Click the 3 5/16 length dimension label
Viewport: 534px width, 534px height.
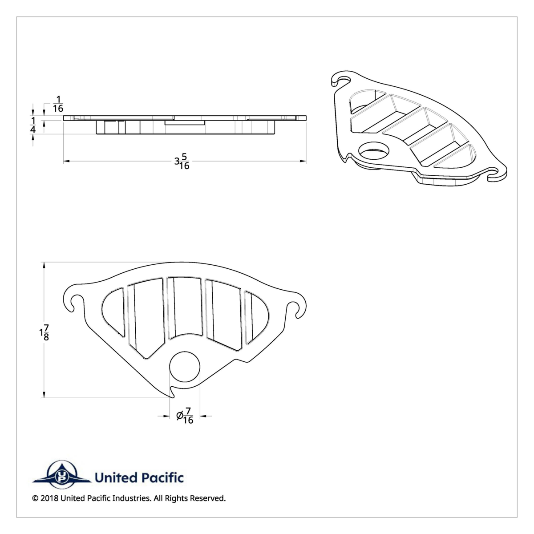click(182, 162)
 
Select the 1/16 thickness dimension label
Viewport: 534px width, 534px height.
click(58, 104)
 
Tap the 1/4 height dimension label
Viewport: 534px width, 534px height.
click(33, 125)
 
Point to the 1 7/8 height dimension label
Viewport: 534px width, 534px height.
click(44, 332)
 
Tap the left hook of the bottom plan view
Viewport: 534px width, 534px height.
click(73, 299)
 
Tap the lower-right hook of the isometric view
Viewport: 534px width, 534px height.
click(498, 175)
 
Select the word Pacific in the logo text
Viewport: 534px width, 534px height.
click(162, 478)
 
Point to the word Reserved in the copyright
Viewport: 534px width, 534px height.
click(207, 498)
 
